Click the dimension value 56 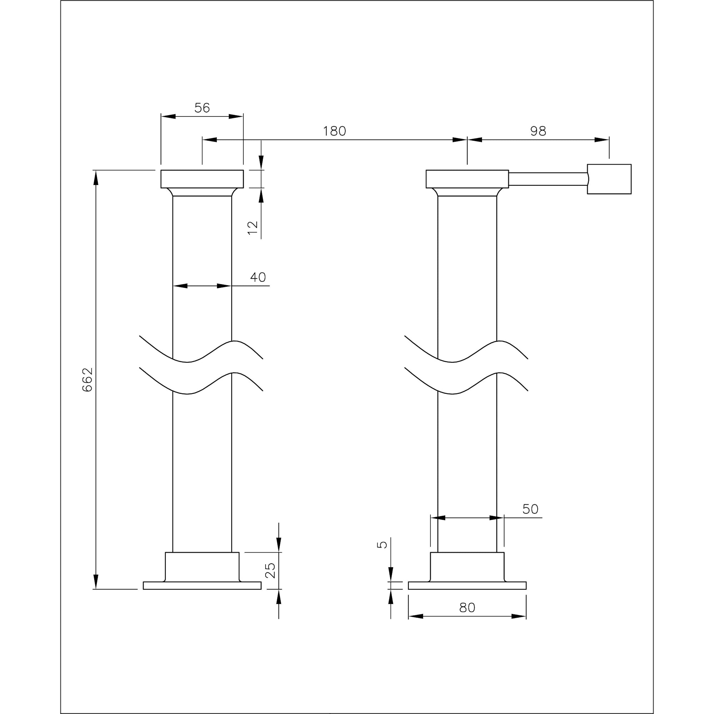202,108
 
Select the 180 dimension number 335,131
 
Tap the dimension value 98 538,131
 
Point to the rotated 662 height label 87,379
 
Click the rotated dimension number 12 253,228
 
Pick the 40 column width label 258,277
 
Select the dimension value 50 531,509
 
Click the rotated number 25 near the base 271,570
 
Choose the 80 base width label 467,608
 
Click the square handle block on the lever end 609,179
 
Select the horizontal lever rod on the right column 548,179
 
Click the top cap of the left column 202,179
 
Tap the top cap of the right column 467,179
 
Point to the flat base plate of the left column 202,585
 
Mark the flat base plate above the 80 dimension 467,585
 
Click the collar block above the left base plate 202,567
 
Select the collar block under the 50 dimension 467,567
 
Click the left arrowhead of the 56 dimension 168,116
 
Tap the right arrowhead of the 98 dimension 602,140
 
